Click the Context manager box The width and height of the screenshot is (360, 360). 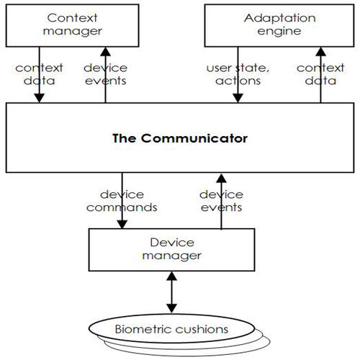(x=72, y=25)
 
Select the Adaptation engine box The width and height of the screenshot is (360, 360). (x=279, y=25)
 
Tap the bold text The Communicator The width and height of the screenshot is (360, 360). (x=180, y=138)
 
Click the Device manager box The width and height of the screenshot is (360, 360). (x=171, y=250)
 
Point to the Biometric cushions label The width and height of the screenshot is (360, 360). (x=171, y=329)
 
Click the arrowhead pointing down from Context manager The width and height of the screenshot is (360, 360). (x=39, y=98)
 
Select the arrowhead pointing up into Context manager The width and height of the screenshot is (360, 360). (x=105, y=52)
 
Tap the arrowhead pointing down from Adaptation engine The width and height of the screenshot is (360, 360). (x=238, y=98)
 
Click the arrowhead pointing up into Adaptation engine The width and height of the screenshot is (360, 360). (x=320, y=52)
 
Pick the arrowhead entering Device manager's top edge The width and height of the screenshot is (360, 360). (x=122, y=224)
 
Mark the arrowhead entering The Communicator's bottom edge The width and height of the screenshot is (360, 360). (x=221, y=179)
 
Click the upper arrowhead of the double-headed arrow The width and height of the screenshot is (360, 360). (x=172, y=276)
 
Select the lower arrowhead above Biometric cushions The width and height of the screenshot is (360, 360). (x=172, y=308)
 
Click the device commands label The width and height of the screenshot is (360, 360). (x=122, y=201)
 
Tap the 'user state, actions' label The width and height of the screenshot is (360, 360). (x=238, y=74)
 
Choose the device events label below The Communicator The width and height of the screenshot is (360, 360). (x=221, y=201)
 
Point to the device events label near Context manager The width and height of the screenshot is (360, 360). (x=105, y=74)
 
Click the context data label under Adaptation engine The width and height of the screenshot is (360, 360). (x=320, y=74)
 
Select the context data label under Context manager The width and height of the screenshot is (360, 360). (x=39, y=74)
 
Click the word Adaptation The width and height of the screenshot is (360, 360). (x=280, y=19)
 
